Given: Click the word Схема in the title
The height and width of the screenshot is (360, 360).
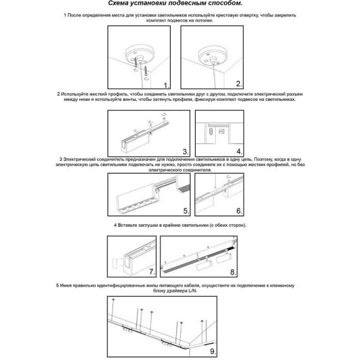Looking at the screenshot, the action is pyautogui.click(x=119, y=3).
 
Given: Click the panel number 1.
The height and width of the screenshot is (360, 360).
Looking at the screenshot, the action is pyautogui.click(x=166, y=85).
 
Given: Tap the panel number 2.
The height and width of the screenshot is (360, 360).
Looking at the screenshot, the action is pyautogui.click(x=239, y=84).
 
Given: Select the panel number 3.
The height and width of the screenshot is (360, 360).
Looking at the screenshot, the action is pyautogui.click(x=186, y=152).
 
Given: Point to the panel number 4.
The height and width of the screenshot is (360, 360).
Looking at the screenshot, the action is pyautogui.click(x=239, y=152).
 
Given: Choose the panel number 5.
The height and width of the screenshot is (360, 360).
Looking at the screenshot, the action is pyautogui.click(x=186, y=211).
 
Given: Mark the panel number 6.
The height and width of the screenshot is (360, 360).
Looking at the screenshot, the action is pyautogui.click(x=239, y=211).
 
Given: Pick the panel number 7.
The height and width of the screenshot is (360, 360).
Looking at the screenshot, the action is pyautogui.click(x=152, y=272).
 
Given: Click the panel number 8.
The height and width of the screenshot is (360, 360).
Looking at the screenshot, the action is pyautogui.click(x=233, y=272).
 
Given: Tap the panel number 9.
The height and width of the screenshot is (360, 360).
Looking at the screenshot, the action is pyautogui.click(x=213, y=351).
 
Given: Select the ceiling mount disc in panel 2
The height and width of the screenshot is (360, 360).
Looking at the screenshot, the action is pyautogui.click(x=211, y=55).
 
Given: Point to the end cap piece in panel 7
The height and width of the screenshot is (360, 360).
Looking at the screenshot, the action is pyautogui.click(x=116, y=263).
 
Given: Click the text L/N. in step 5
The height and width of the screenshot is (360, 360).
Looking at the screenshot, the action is pyautogui.click(x=193, y=291).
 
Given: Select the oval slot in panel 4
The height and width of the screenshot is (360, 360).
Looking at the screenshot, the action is pyautogui.click(x=211, y=132).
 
